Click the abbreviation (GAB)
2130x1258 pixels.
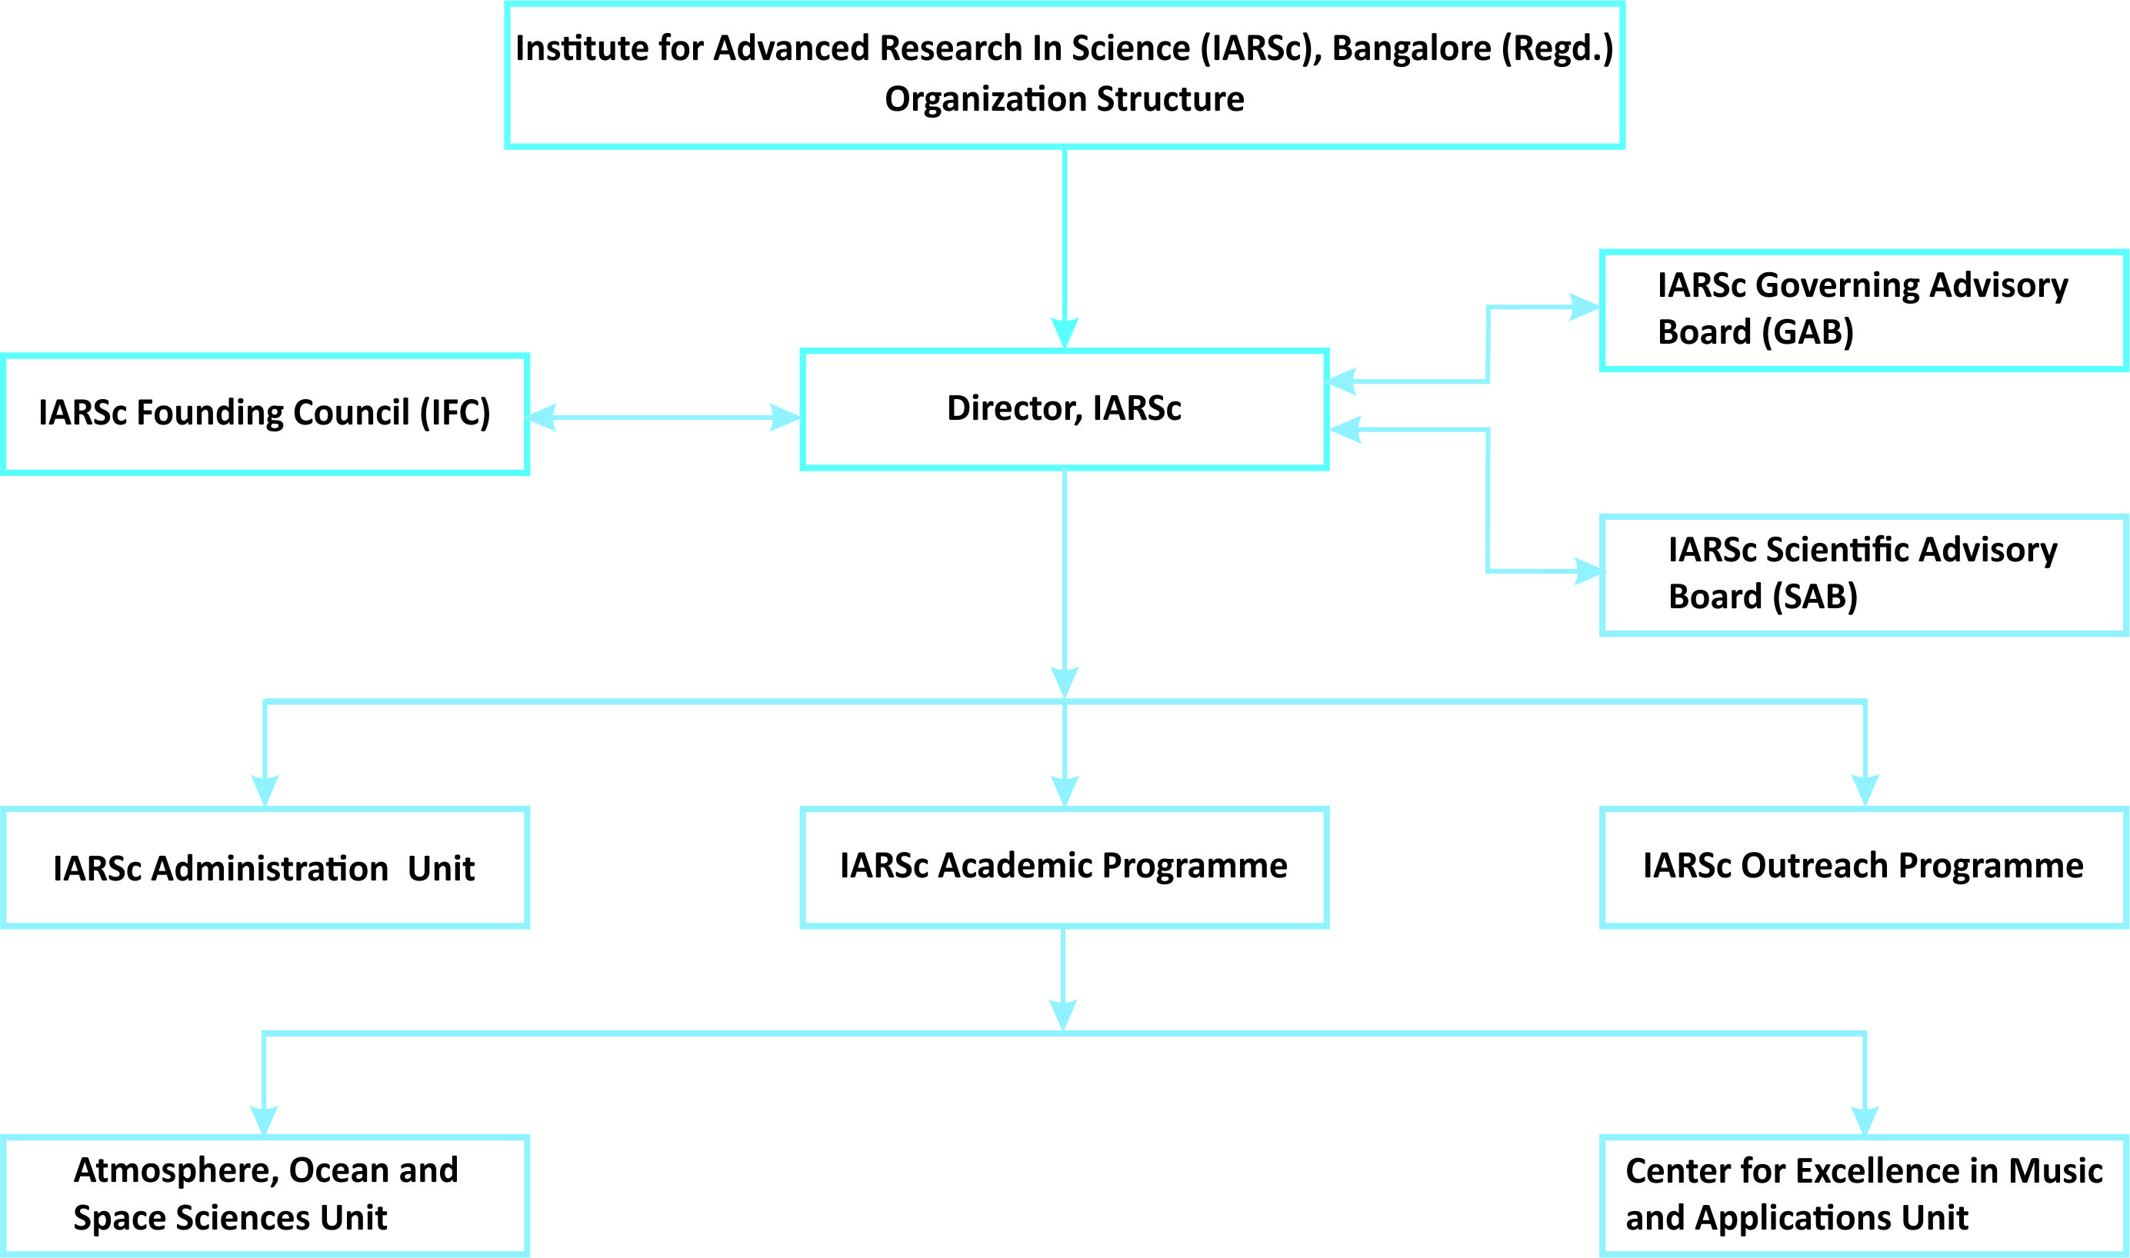[x=1808, y=332]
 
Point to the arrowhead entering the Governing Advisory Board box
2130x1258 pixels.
[x=1584, y=307]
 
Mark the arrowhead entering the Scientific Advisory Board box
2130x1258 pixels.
[x=1588, y=571]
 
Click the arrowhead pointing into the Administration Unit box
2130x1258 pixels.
[x=265, y=790]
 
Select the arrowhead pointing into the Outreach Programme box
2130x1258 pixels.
[x=1865, y=790]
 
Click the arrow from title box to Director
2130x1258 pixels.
[x=1064, y=248]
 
